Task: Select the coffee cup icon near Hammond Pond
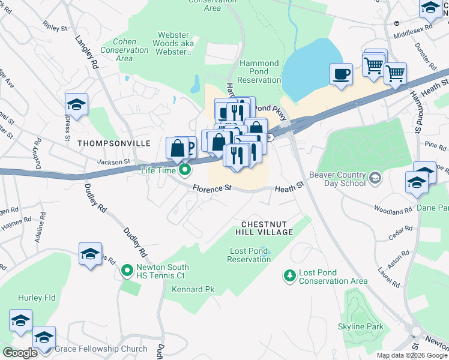click(x=341, y=74)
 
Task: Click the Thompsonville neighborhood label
click(x=105, y=143)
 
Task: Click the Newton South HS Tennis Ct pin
click(x=127, y=271)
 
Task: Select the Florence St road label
click(x=212, y=188)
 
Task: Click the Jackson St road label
click(x=114, y=161)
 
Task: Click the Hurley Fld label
click(x=37, y=297)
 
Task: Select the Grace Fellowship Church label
click(x=101, y=349)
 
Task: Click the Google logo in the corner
click(x=20, y=352)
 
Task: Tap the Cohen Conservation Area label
click(x=124, y=50)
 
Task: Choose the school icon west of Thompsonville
click(x=77, y=104)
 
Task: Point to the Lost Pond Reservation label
click(x=249, y=255)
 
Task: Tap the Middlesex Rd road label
click(x=413, y=28)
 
